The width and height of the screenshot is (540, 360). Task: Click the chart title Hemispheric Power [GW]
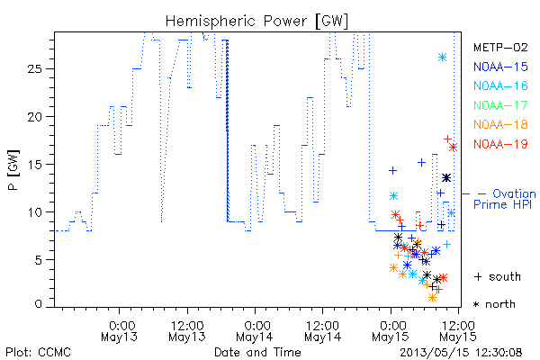point(256,21)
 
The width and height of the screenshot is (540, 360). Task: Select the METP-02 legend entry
point(500,47)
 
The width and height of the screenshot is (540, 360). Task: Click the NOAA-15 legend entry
point(500,67)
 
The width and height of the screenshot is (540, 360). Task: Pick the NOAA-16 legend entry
point(500,85)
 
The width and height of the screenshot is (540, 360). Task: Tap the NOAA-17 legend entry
point(500,105)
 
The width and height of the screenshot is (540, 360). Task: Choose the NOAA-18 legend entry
point(500,124)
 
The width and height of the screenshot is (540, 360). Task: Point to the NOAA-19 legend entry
point(500,144)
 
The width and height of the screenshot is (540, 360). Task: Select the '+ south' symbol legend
point(498,276)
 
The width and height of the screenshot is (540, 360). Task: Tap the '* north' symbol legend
point(494,304)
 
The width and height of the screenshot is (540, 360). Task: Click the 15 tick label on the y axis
point(34,165)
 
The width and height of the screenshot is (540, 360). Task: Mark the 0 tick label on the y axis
point(38,304)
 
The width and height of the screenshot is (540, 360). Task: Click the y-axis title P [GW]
point(13,170)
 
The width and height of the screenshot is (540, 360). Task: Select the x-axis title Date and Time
point(257,353)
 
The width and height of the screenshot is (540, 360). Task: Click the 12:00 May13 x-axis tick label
point(187,330)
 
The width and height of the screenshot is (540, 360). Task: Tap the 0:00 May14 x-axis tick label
point(255,330)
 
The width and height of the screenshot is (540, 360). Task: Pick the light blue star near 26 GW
point(442,58)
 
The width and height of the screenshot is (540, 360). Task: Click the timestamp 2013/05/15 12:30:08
point(461,353)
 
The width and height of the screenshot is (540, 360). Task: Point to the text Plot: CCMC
point(38,353)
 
